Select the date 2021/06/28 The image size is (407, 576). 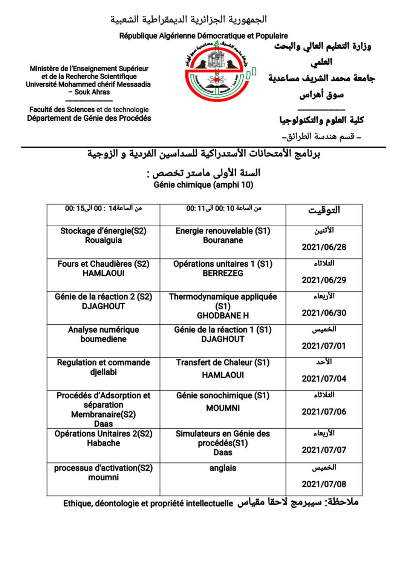tap(324, 247)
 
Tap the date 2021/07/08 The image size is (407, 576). tap(324, 484)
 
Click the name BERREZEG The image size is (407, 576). tap(223, 273)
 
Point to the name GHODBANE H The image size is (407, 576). tap(223, 315)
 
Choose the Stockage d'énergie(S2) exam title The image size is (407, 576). tap(103, 231)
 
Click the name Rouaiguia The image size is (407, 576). tap(103, 240)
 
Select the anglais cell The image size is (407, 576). tap(223, 468)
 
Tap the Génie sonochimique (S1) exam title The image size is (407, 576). tap(223, 395)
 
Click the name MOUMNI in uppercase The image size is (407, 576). tap(223, 408)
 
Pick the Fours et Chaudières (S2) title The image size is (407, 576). tap(103, 264)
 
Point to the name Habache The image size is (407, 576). tap(103, 443)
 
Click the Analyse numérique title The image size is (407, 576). tap(103, 330)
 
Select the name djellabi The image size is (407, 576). tap(103, 372)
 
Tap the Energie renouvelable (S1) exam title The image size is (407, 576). tap(223, 231)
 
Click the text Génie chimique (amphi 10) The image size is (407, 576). tap(203, 185)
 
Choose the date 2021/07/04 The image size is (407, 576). tap(324, 379)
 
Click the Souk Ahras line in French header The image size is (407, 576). tap(90, 92)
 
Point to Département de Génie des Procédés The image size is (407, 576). tap(89, 118)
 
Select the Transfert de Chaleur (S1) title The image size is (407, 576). tap(223, 362)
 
